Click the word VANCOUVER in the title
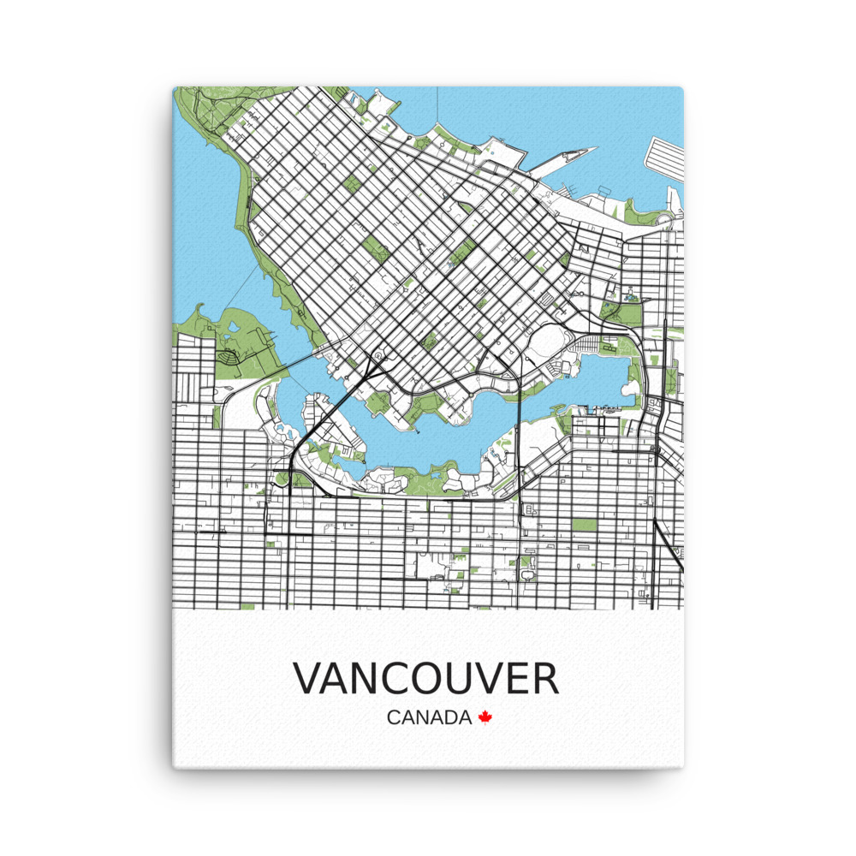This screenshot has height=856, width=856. (x=426, y=678)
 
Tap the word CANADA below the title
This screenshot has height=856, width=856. (x=429, y=717)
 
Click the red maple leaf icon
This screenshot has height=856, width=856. (x=485, y=717)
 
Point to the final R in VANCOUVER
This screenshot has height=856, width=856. (x=544, y=678)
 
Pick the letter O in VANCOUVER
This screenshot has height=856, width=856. (x=437, y=678)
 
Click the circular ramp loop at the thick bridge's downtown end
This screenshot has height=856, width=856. (x=377, y=355)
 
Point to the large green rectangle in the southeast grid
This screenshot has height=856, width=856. (x=585, y=524)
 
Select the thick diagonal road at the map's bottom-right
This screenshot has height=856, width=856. (x=668, y=544)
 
